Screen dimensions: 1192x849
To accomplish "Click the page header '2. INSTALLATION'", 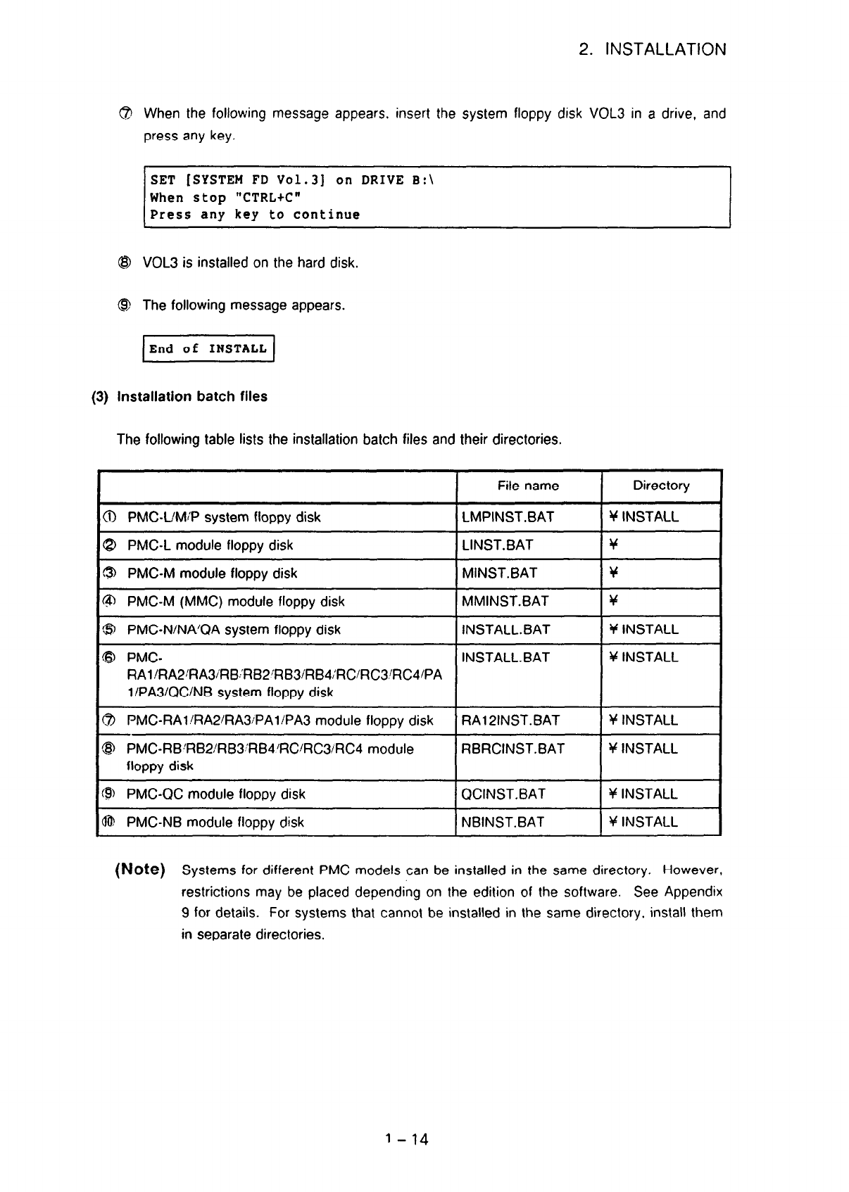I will [x=652, y=50].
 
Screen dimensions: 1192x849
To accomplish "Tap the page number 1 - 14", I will [x=408, y=1139].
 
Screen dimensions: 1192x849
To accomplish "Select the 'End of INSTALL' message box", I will [x=208, y=349].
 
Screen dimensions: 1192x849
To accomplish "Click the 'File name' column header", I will [x=528, y=486].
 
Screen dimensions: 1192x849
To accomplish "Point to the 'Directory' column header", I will [x=661, y=486].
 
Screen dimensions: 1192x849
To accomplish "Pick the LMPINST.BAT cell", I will [x=508, y=517].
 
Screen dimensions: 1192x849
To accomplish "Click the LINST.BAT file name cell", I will [x=497, y=545].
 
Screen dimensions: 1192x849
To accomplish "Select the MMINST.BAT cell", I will [x=505, y=602].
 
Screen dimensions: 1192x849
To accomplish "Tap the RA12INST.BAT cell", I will [x=510, y=721].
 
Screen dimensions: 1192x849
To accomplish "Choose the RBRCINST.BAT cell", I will [x=512, y=749].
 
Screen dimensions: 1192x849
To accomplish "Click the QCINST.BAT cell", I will [x=503, y=794].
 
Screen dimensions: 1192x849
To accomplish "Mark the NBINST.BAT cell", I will [x=503, y=823].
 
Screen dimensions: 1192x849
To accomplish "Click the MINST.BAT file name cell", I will [x=499, y=573].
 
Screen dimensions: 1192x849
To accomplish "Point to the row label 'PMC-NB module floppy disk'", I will [x=215, y=823].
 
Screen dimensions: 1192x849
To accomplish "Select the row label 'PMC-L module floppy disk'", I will [x=210, y=545].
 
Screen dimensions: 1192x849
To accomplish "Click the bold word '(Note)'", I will [x=139, y=870].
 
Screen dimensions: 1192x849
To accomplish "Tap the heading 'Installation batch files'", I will [x=191, y=397].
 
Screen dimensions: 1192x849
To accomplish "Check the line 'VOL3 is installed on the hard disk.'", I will [x=251, y=263].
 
